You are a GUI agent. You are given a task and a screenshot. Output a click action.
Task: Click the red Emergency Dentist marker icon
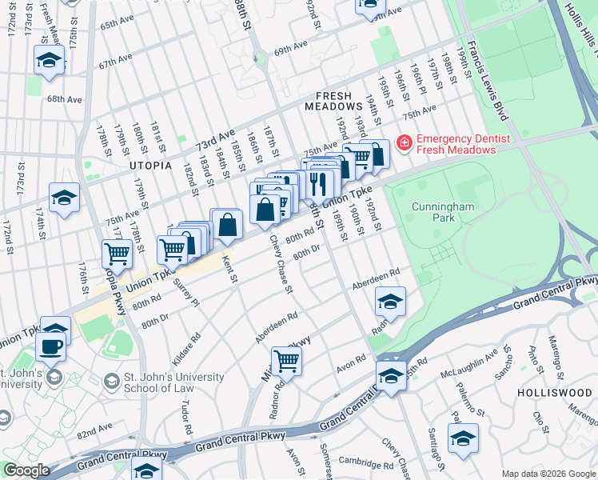pyautogui.click(x=404, y=144)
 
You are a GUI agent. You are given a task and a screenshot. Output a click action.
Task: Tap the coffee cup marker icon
pyautogui.click(x=52, y=347)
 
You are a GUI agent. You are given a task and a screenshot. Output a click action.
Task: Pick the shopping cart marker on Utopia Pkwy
pyautogui.click(x=118, y=254)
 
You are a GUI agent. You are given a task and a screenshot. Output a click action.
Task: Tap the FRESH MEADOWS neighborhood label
pyautogui.click(x=334, y=100)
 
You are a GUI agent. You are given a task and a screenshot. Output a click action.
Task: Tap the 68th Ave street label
pyautogui.click(x=64, y=99)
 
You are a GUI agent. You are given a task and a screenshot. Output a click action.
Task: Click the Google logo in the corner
pyautogui.click(x=26, y=470)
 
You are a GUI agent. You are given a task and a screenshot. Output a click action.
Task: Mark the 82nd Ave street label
pyautogui.click(x=95, y=432)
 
